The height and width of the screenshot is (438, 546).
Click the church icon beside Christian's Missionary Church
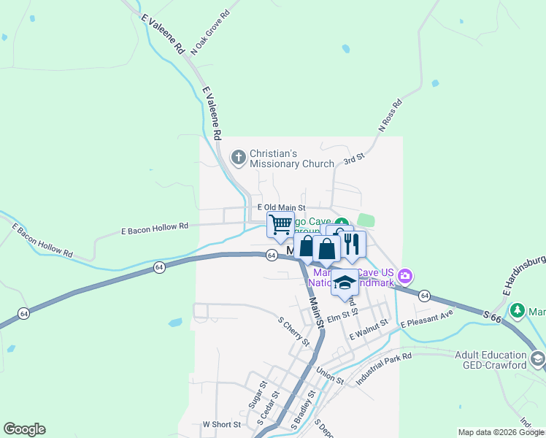click(238, 157)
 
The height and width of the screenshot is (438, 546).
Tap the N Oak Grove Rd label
click(209, 34)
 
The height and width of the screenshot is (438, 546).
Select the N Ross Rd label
click(391, 116)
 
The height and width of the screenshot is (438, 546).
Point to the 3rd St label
click(353, 158)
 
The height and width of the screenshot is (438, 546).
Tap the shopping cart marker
click(280, 225)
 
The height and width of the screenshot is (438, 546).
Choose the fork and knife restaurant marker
click(353, 245)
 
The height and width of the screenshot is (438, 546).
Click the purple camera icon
click(405, 277)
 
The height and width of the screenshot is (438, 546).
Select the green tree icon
click(518, 311)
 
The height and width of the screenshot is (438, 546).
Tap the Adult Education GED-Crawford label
click(490, 360)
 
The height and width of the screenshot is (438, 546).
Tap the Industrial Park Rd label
click(384, 368)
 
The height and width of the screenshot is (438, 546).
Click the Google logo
click(24, 429)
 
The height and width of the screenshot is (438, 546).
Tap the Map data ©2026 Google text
click(501, 432)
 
